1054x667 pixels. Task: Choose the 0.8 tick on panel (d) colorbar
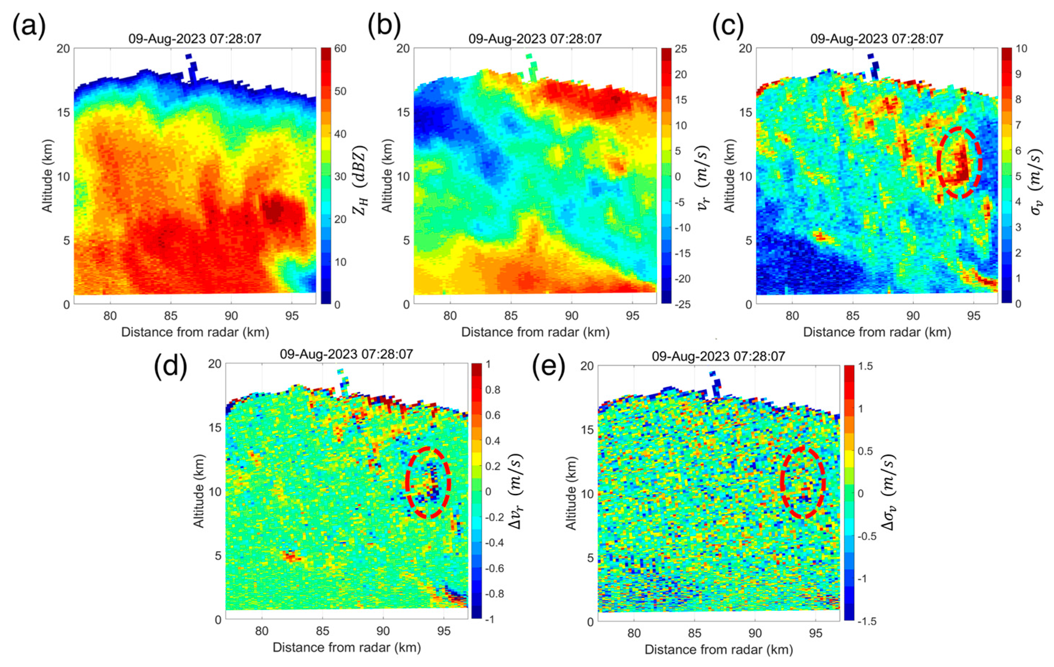(x=493, y=390)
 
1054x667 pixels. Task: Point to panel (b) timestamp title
(x=535, y=38)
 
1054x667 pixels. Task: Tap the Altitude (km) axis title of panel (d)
(x=199, y=491)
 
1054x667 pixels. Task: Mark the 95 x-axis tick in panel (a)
(x=291, y=315)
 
